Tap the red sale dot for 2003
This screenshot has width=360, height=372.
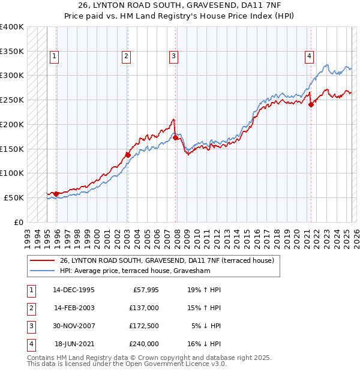128,155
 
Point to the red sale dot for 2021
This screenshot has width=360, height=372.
311,104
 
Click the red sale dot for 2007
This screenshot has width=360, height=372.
175,137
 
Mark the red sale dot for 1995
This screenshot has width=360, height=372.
56,194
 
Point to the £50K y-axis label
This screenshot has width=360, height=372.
14,197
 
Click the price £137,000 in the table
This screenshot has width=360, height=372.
144,307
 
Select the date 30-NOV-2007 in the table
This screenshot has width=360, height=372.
74,326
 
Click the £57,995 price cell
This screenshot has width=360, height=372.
145,289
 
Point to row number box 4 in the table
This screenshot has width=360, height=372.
31,344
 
